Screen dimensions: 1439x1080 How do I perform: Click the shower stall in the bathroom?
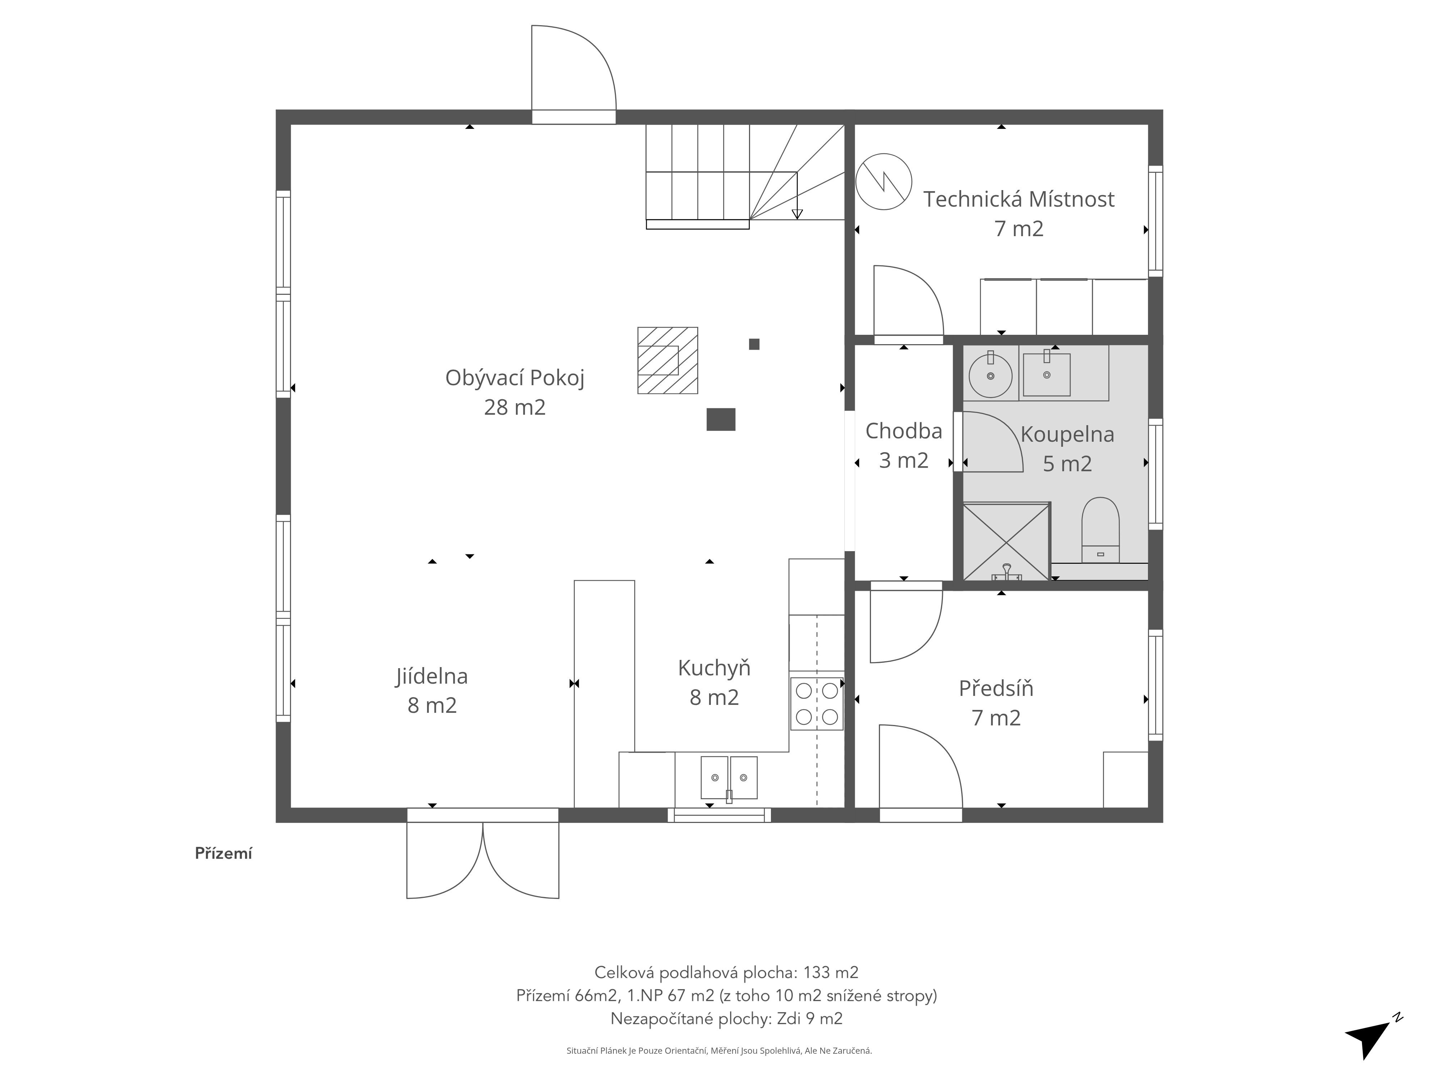(1006, 542)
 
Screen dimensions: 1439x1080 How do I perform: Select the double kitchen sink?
(728, 778)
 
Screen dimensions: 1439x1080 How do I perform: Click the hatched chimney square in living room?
(667, 360)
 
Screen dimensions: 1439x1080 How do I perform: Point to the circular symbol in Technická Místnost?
(884, 182)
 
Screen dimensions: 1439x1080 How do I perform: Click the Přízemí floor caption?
(223, 854)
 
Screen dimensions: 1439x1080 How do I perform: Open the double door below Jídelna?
(483, 859)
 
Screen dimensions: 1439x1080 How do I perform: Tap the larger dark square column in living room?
(721, 419)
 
